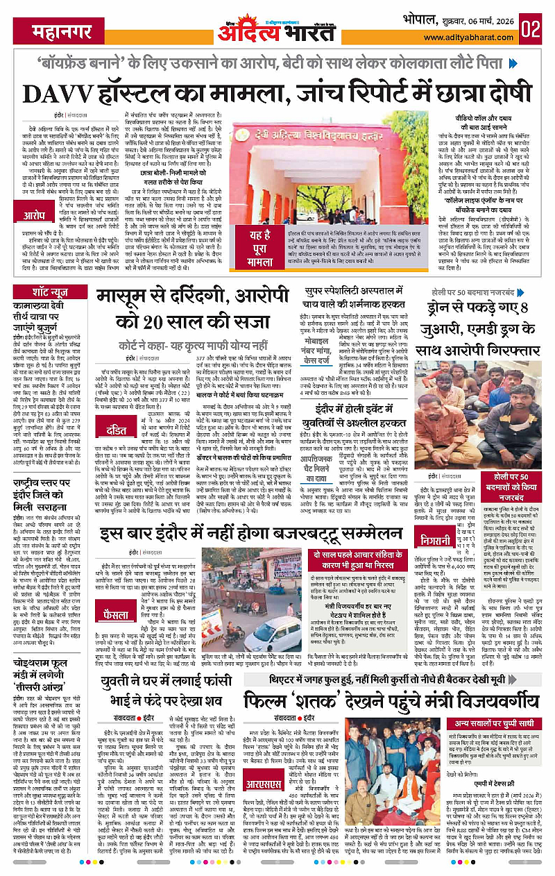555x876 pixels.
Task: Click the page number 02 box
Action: point(532,29)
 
